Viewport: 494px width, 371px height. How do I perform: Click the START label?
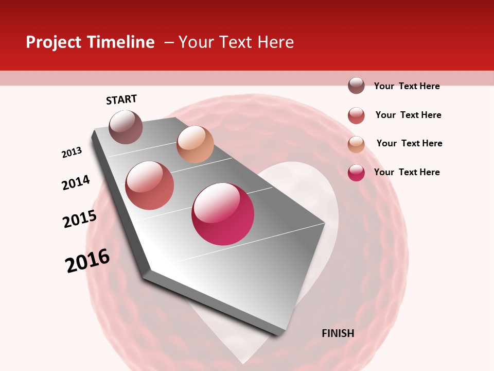tap(121, 99)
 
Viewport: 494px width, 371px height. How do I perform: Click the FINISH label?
tap(338, 333)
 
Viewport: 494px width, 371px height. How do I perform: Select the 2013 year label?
tap(72, 153)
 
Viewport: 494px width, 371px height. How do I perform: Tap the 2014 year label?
tap(76, 182)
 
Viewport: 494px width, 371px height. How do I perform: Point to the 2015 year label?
tap(80, 219)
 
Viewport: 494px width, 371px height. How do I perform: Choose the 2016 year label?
tap(87, 260)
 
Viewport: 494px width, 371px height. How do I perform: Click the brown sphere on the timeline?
tap(126, 127)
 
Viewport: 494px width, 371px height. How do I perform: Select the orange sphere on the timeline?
tap(195, 144)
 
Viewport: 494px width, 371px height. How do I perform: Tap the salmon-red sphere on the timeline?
tap(149, 185)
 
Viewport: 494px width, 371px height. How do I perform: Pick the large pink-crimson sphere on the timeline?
tap(223, 214)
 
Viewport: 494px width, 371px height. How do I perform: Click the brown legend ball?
tap(356, 86)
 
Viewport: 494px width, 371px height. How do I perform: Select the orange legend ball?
tap(356, 144)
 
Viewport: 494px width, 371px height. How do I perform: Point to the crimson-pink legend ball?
tap(356, 173)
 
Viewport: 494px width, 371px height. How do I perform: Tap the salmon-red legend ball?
tap(356, 115)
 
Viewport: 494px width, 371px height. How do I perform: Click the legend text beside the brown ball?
tap(407, 86)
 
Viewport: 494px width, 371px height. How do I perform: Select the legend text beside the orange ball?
tap(409, 143)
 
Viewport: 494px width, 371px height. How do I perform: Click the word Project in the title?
tap(54, 42)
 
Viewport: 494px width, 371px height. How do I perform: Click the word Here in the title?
tap(275, 42)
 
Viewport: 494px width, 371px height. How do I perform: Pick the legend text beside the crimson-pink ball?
tap(407, 172)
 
